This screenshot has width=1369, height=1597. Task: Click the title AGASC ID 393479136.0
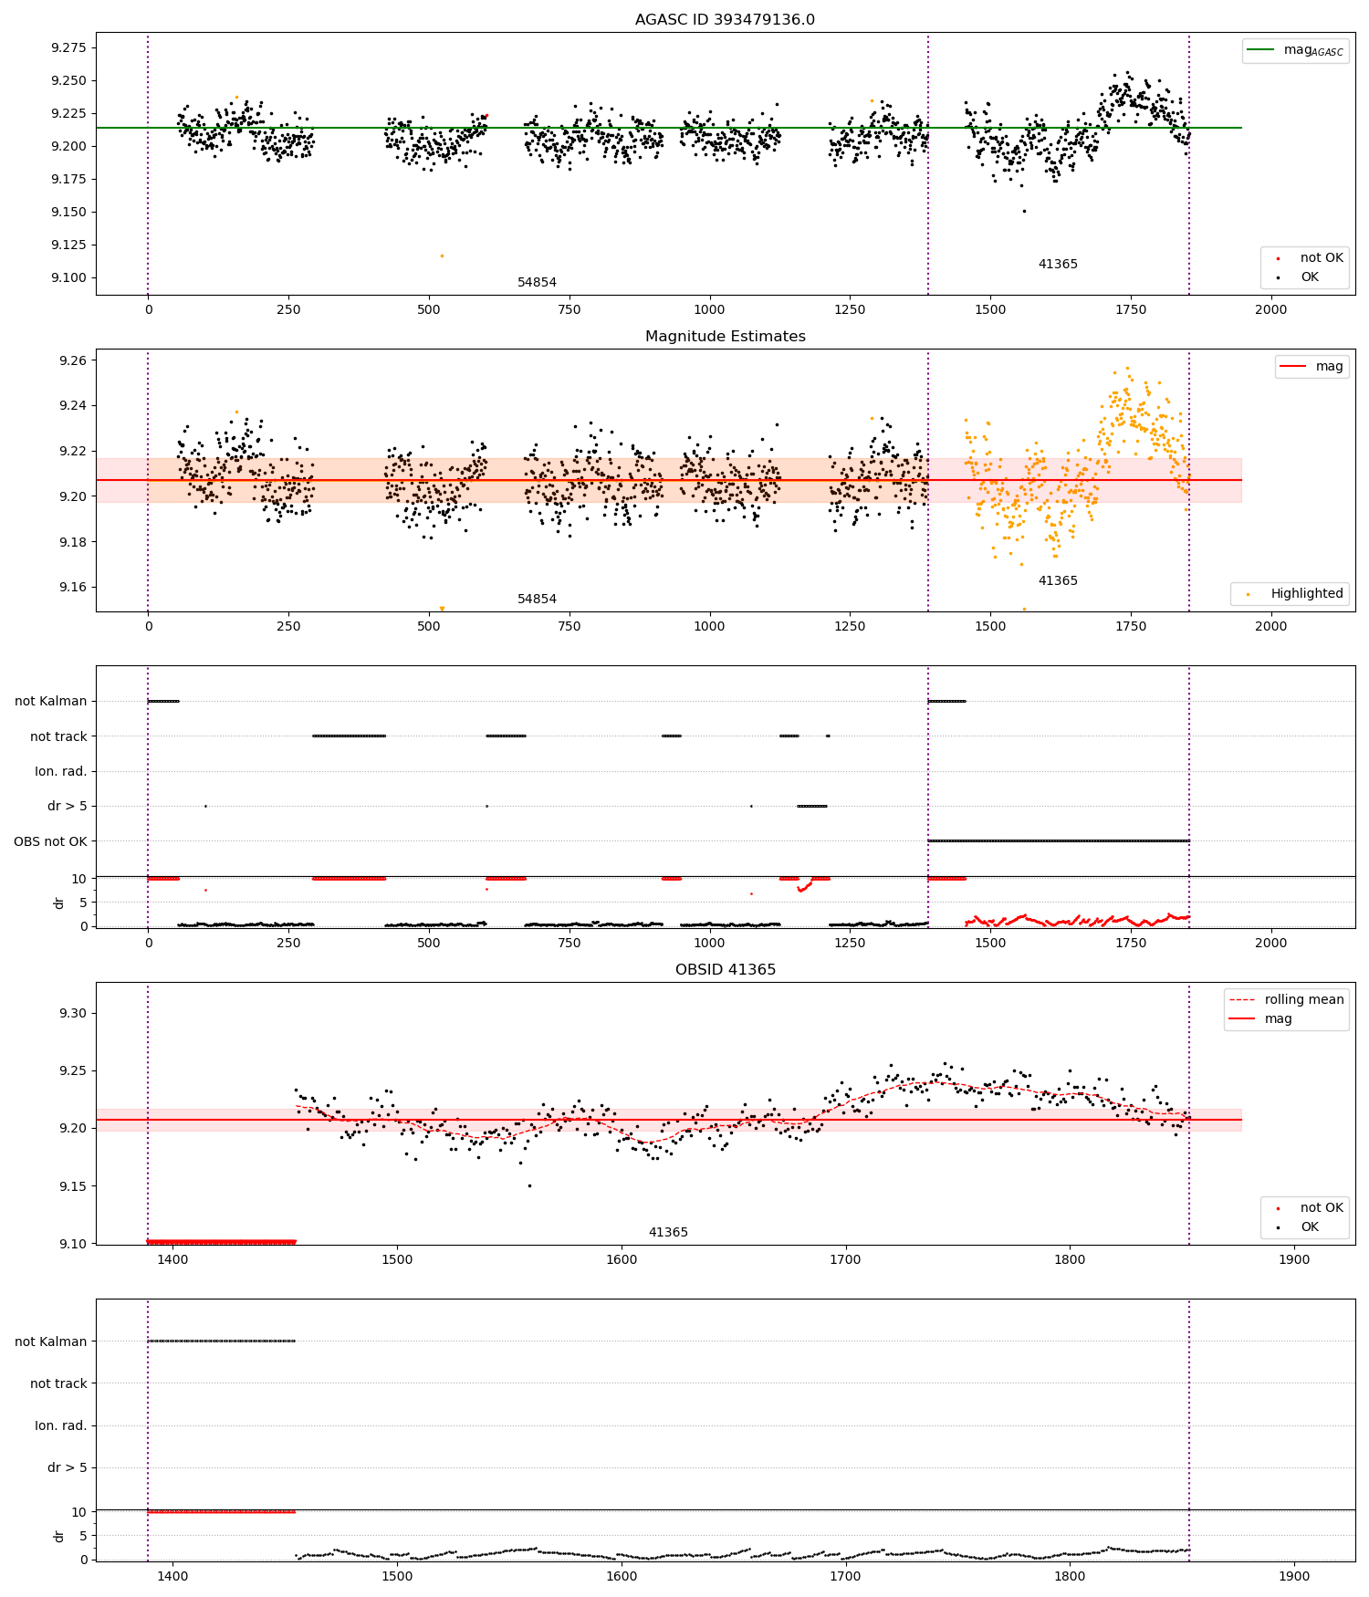click(x=725, y=19)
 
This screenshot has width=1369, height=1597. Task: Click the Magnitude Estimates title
click(x=725, y=336)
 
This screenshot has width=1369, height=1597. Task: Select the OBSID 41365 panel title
click(x=725, y=969)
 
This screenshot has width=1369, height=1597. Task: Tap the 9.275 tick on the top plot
click(x=68, y=47)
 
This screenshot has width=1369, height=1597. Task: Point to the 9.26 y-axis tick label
click(x=74, y=360)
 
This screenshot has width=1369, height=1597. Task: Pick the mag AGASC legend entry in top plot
click(x=1295, y=50)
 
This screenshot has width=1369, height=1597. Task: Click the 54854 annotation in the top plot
click(x=537, y=282)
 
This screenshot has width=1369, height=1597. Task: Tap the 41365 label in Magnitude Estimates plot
click(x=1058, y=580)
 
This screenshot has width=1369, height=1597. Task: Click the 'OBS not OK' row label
click(x=50, y=841)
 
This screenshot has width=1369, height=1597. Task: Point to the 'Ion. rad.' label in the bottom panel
click(x=61, y=1425)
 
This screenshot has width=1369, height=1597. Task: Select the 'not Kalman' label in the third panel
click(x=51, y=701)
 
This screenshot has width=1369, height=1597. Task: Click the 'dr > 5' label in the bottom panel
click(x=68, y=1467)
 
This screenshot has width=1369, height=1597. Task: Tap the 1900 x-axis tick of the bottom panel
click(x=1294, y=1576)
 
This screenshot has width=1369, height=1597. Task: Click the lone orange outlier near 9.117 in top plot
click(x=442, y=256)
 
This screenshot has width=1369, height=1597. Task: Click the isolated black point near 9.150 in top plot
click(x=1023, y=211)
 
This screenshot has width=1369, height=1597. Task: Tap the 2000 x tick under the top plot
click(x=1270, y=309)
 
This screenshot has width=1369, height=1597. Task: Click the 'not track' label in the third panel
click(x=58, y=736)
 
